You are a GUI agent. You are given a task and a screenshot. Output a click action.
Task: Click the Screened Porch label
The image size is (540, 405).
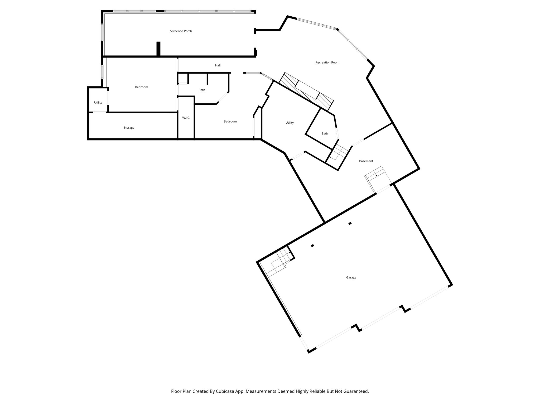(x=181, y=31)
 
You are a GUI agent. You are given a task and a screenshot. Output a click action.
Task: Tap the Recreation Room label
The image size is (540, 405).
(x=327, y=62)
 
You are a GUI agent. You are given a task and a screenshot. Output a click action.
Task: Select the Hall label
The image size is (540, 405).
(x=218, y=65)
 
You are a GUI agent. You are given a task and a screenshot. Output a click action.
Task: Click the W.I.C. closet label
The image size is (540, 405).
(x=186, y=118)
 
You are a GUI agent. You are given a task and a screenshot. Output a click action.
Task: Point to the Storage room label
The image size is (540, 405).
(x=129, y=128)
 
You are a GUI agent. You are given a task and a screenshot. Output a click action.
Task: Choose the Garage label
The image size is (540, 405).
(x=351, y=277)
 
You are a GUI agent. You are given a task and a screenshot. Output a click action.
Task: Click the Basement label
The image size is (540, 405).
(x=366, y=161)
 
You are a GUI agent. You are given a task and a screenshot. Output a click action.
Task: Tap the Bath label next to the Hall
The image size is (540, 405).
(x=202, y=90)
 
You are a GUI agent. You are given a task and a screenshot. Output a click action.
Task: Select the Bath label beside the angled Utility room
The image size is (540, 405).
(x=325, y=134)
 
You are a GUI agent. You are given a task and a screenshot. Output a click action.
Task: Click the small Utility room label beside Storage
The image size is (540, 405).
(x=98, y=103)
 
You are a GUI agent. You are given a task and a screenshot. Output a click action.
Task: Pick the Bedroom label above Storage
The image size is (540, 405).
(x=142, y=87)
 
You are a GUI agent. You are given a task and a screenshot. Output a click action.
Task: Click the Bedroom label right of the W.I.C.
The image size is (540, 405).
(x=230, y=122)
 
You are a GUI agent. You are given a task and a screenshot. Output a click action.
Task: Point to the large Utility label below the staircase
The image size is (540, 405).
(x=290, y=123)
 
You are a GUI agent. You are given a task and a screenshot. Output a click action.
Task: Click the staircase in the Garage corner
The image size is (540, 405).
(x=279, y=262)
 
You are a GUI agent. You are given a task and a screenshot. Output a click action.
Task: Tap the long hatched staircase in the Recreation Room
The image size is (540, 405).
(x=306, y=91)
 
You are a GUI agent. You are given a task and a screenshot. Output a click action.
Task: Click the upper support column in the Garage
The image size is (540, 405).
(x=350, y=224)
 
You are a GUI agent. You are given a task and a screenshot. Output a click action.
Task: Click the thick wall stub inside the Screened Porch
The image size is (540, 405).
(x=158, y=49)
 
